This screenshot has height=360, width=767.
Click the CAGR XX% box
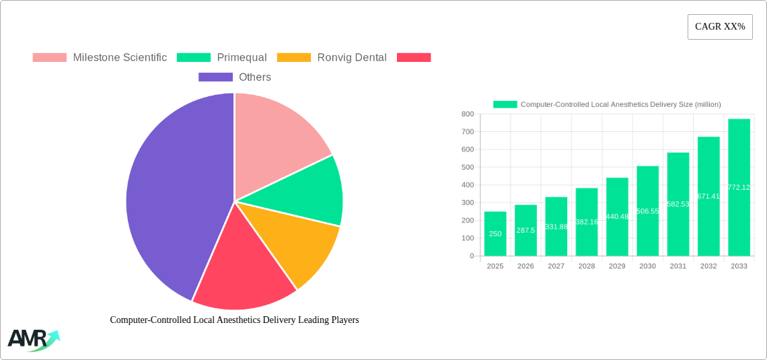coord(719,27)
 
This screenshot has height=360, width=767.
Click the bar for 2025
coord(495,233)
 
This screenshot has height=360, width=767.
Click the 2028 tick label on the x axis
coord(586,266)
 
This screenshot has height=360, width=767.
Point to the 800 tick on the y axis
coord(467,114)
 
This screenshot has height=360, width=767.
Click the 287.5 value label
coord(525,230)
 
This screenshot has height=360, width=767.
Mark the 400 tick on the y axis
coord(467,185)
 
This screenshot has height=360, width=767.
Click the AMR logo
coord(33,340)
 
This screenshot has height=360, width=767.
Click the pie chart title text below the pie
coord(234,320)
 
